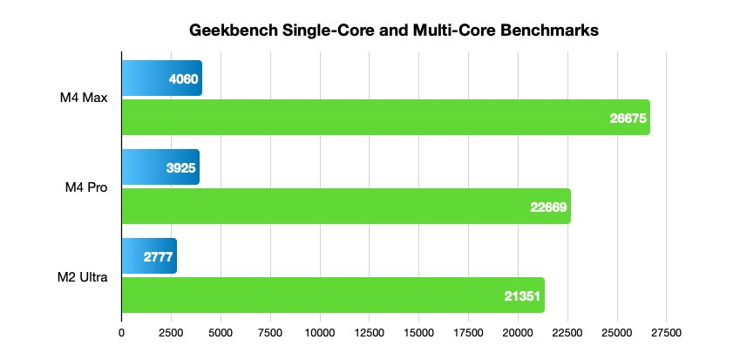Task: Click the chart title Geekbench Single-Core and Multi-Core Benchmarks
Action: tap(394, 31)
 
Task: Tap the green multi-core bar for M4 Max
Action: tap(384, 117)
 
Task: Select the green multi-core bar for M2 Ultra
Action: tap(332, 295)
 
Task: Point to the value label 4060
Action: tap(184, 79)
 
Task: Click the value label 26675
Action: tap(628, 118)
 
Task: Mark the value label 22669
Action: tap(548, 207)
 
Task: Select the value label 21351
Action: tap(522, 295)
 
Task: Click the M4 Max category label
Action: tap(90, 98)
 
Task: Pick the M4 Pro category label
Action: tap(91, 187)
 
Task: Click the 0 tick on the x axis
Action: tap(121, 331)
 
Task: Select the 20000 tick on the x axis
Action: tap(518, 331)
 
